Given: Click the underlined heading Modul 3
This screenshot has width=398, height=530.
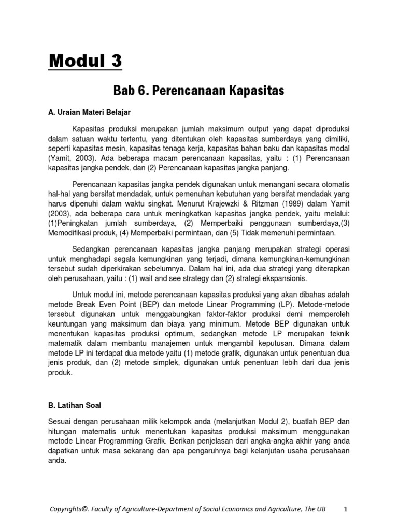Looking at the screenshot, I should [x=86, y=61].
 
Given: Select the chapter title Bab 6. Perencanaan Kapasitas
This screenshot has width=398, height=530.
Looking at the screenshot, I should [x=199, y=91].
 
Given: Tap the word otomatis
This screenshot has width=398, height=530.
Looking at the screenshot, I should [x=334, y=185].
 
